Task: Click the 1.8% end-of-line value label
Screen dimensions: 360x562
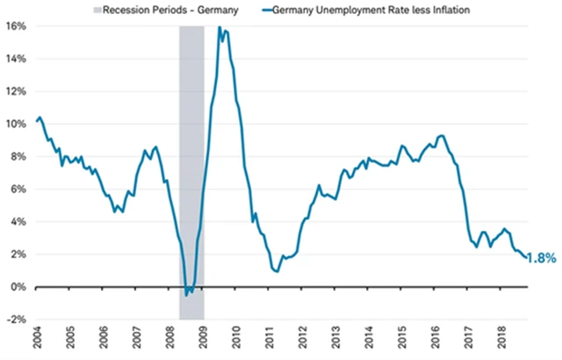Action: pos(544,258)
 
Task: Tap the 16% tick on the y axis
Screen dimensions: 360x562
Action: pos(16,26)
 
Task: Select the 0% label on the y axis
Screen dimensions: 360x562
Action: pos(18,287)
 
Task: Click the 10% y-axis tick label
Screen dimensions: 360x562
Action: pos(16,124)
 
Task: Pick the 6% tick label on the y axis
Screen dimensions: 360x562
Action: pos(18,190)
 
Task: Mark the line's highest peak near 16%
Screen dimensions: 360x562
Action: pos(220,27)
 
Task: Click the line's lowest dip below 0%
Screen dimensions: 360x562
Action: pos(186,295)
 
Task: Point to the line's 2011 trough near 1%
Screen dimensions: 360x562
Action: pos(276,271)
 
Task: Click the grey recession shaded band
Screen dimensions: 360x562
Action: pos(191,176)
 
